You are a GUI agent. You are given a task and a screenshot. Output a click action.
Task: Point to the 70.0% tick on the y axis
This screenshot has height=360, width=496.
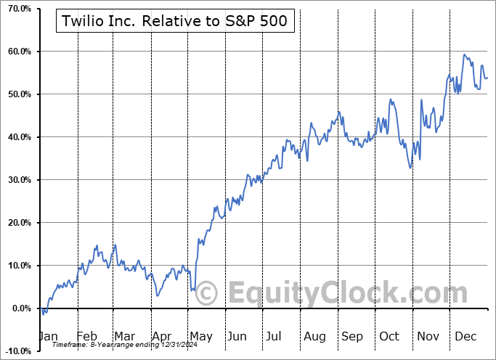[15, 9]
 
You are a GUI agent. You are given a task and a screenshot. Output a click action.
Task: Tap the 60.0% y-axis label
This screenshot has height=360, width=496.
[15, 52]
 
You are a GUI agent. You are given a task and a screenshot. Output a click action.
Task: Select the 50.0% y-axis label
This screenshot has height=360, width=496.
[15, 94]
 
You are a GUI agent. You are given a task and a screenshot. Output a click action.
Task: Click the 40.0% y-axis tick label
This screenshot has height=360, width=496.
[15, 137]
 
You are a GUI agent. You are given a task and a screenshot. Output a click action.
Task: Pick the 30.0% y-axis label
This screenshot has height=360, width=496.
[15, 180]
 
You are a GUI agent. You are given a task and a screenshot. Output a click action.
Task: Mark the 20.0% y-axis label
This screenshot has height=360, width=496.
[15, 223]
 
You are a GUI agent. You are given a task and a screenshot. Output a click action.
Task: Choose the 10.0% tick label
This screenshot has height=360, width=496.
[15, 266]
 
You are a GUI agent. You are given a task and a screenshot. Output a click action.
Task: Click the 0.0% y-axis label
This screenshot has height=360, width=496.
[17, 308]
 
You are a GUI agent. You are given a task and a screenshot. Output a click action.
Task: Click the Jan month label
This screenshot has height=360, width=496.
[49, 337]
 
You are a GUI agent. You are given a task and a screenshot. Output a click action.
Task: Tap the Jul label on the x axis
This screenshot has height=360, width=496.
[275, 337]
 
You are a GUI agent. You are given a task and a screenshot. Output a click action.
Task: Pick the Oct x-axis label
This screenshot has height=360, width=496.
[389, 337]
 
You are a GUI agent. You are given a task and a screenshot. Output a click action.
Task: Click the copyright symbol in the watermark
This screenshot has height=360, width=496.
[207, 294]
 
